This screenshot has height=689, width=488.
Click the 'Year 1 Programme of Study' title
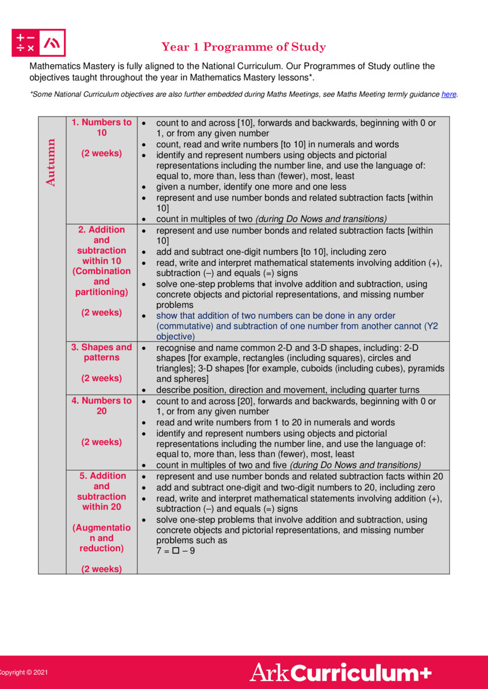244,47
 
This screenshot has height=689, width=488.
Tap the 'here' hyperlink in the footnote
448,94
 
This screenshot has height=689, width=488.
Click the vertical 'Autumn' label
51,162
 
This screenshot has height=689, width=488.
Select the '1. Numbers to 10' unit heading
101,127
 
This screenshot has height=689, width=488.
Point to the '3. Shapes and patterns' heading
101,352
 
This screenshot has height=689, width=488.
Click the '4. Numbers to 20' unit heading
101,406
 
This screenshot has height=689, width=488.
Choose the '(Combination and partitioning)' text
101,281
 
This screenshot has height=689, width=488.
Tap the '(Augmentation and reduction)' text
101,538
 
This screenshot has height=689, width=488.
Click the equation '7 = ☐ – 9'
175,551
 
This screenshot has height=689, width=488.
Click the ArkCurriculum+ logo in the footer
340,672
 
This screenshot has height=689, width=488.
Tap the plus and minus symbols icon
25,43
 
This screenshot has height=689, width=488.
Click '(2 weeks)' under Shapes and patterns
101,378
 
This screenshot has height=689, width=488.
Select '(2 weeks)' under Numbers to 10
101,154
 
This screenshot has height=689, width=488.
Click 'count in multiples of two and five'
222,465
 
